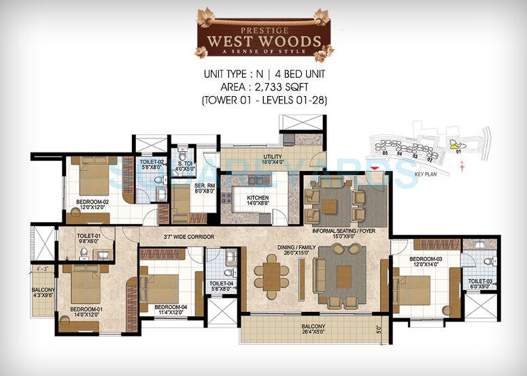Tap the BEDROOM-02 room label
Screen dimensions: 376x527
click(93, 202)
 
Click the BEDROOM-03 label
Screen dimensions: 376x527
click(425, 260)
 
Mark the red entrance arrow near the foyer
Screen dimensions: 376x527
click(375, 168)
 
